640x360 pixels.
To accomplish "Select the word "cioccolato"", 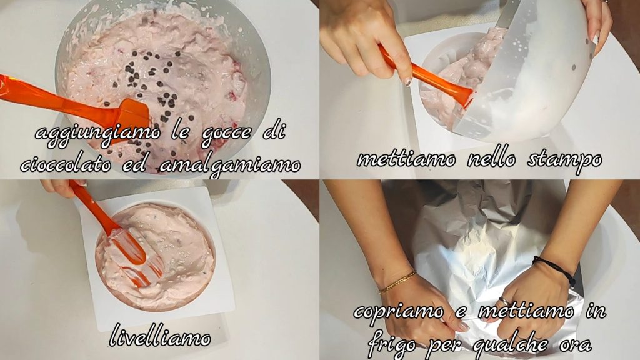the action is click(x=66, y=164).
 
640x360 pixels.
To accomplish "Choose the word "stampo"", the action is click(x=564, y=160).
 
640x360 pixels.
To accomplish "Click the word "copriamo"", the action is click(x=399, y=312).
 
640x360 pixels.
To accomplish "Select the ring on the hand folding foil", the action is click(x=505, y=301).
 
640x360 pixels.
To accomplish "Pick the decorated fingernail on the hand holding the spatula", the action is click(x=407, y=81).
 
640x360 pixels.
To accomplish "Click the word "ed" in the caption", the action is click(x=135, y=164).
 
